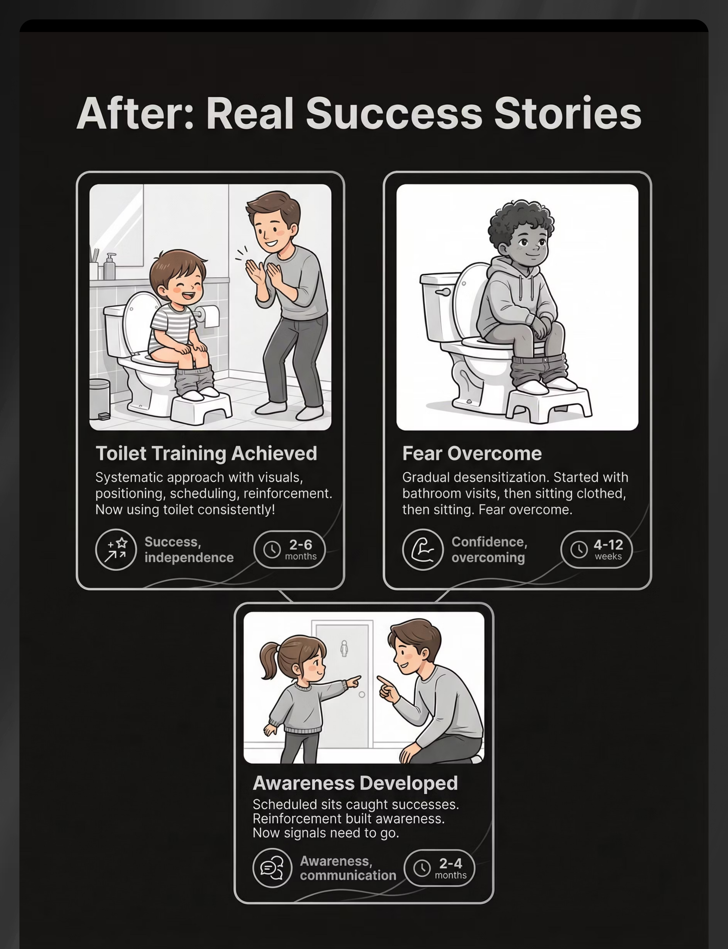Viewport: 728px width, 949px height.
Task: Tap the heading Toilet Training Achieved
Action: (x=206, y=453)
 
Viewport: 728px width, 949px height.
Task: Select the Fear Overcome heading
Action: (x=472, y=453)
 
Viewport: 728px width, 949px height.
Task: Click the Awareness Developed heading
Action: (x=355, y=783)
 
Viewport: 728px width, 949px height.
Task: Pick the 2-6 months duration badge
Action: (x=289, y=550)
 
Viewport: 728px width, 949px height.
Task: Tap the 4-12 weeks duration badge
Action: (x=597, y=550)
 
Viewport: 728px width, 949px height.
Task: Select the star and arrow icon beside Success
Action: (x=116, y=550)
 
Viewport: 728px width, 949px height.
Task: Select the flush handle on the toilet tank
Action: (x=442, y=292)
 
